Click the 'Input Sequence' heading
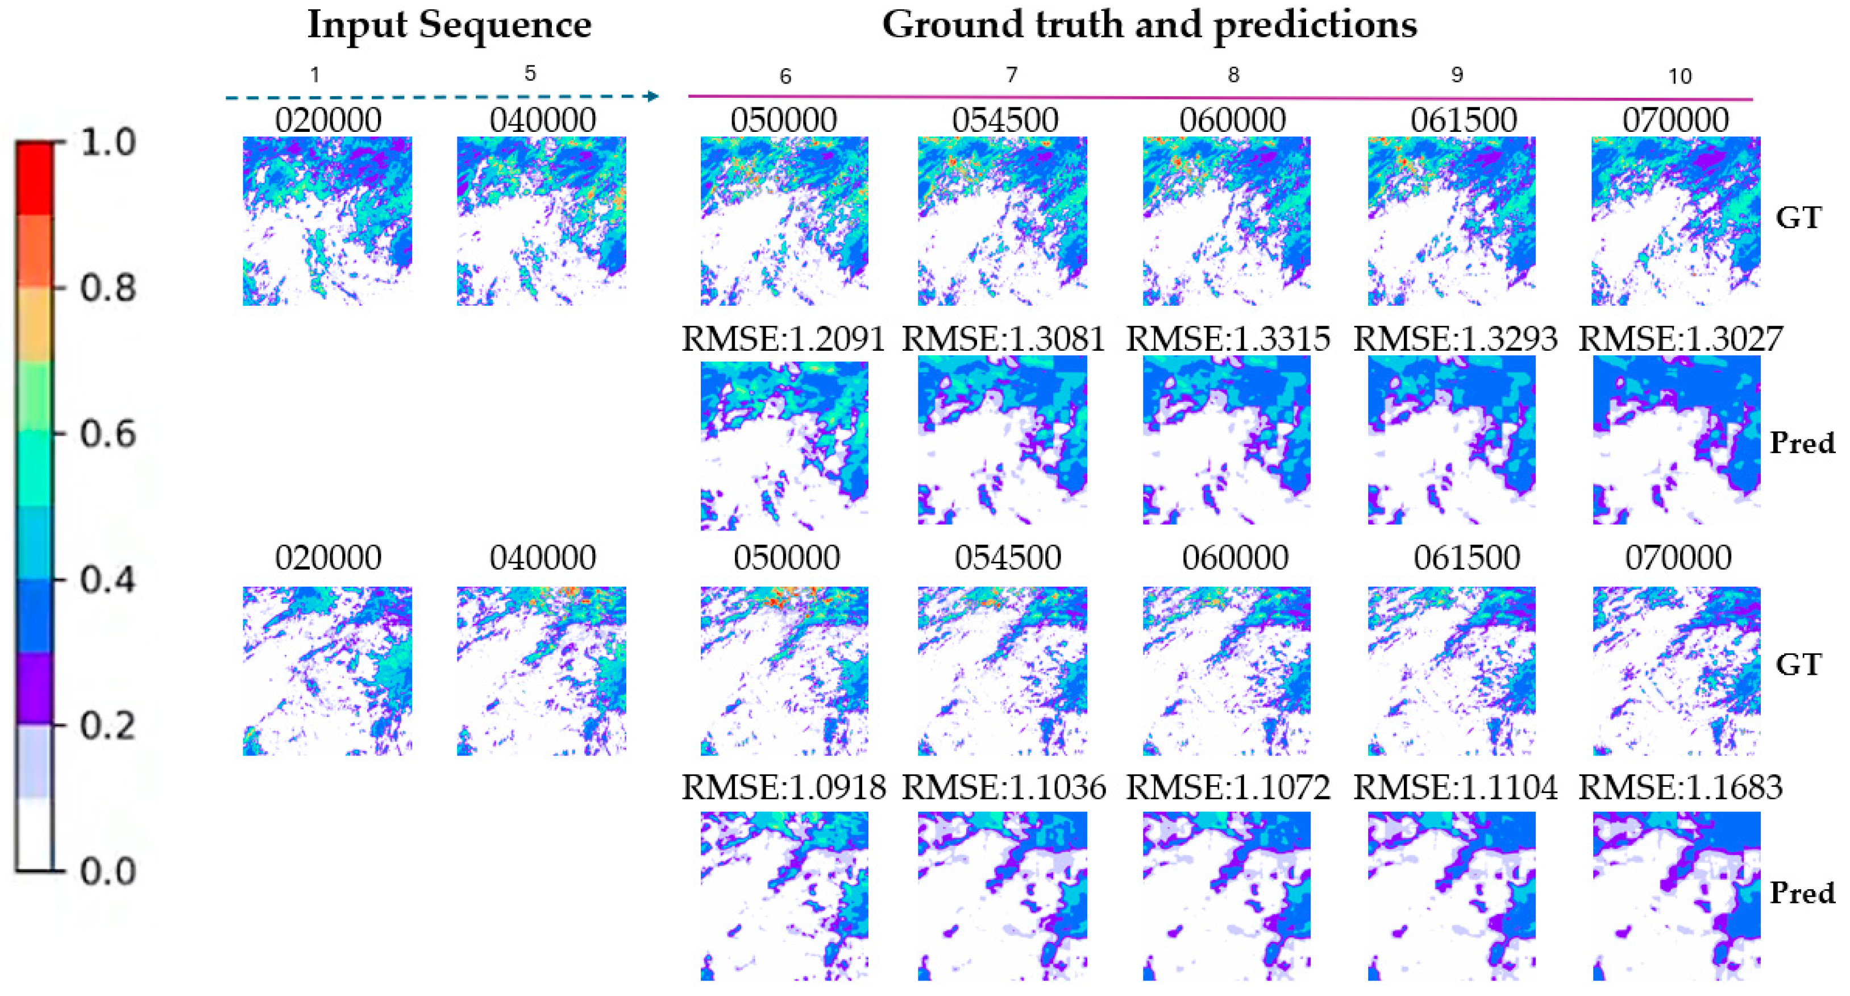tap(449, 26)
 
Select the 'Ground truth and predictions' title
tap(1149, 26)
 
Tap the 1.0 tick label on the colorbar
tap(108, 143)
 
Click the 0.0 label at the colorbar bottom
tap(108, 871)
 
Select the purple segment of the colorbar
tap(35, 687)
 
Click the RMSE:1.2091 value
tap(783, 339)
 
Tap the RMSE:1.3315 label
tap(1228, 339)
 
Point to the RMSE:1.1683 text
tap(1681, 788)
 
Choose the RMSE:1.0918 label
tap(783, 788)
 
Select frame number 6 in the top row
tap(785, 76)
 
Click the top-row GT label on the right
tap(1798, 218)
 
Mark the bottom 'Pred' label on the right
tap(1802, 893)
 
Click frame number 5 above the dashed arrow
tap(530, 73)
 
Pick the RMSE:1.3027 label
tap(1681, 339)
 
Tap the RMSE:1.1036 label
tap(1003, 788)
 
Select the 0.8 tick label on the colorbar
tap(108, 289)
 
